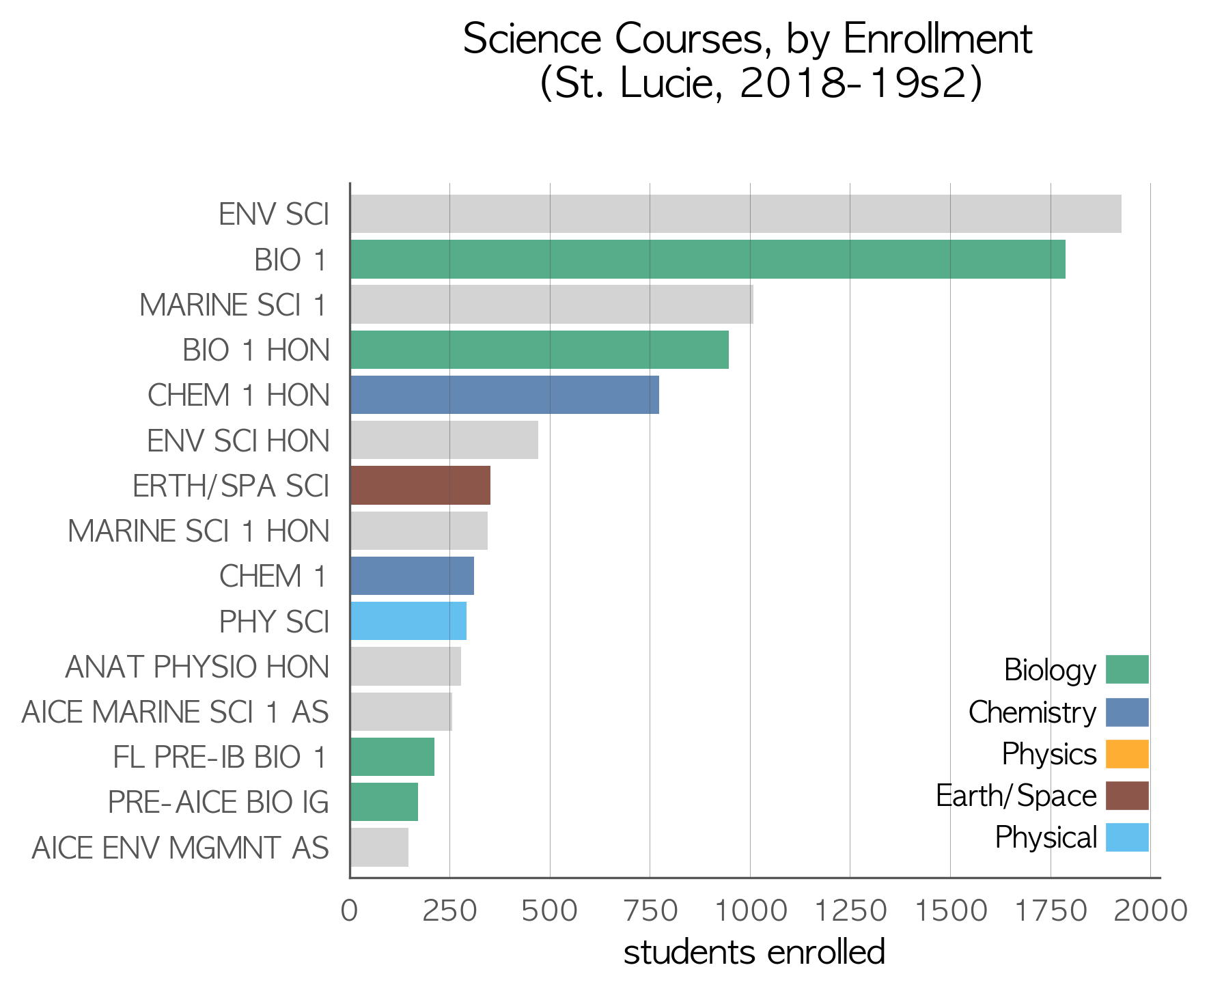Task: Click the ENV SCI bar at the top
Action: pyautogui.click(x=736, y=214)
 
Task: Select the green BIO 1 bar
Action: pyautogui.click(x=708, y=259)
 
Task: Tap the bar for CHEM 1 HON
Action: pyautogui.click(x=505, y=395)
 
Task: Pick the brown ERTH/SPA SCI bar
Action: pyautogui.click(x=420, y=486)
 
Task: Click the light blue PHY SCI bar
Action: pyautogui.click(x=408, y=621)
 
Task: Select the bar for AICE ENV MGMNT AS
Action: pyautogui.click(x=379, y=847)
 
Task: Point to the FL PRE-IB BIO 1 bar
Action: pyautogui.click(x=392, y=757)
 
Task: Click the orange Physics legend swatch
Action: pyautogui.click(x=1127, y=754)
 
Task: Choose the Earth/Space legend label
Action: pyautogui.click(x=1016, y=796)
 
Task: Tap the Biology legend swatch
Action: pyautogui.click(x=1127, y=669)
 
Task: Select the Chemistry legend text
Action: pyautogui.click(x=1032, y=713)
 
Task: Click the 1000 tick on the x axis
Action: pyautogui.click(x=750, y=911)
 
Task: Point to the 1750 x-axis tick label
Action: pyautogui.click(x=1051, y=911)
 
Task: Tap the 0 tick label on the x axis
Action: pyautogui.click(x=350, y=911)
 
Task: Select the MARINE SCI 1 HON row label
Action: pyautogui.click(x=199, y=531)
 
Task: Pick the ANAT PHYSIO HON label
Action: pyautogui.click(x=197, y=667)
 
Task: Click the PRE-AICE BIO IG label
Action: pyautogui.click(x=219, y=803)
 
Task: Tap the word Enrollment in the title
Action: pyautogui.click(x=938, y=39)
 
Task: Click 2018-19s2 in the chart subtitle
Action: pyautogui.click(x=853, y=84)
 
